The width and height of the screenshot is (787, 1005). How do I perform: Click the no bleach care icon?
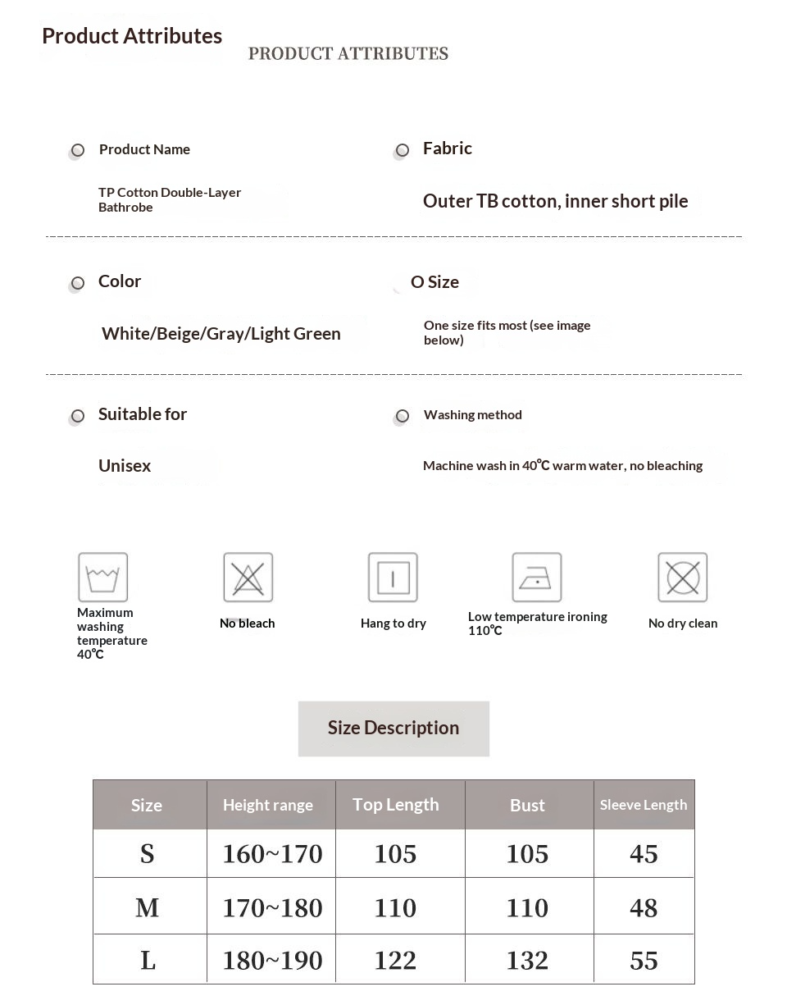pos(248,578)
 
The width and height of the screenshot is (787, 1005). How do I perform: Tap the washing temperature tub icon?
pos(102,578)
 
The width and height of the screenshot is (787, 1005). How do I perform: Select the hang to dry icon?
pos(393,578)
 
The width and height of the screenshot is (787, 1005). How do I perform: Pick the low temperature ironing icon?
pos(537,578)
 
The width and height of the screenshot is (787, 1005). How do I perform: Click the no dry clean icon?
pos(682,578)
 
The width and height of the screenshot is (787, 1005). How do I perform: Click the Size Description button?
pos(393,729)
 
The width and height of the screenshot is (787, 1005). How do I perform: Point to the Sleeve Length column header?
pos(644,805)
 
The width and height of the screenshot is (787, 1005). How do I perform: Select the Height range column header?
pos(268,806)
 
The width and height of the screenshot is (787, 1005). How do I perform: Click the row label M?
pos(148,907)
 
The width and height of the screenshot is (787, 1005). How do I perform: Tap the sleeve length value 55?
pos(644,961)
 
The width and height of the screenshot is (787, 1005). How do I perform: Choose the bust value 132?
pos(527,961)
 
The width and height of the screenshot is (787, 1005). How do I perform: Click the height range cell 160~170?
pos(272,854)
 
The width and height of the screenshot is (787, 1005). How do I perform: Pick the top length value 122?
pos(395,961)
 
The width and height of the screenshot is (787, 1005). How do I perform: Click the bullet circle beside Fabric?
pos(402,150)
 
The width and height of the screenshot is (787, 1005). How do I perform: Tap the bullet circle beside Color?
pos(78,283)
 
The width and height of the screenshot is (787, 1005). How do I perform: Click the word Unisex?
pos(125,466)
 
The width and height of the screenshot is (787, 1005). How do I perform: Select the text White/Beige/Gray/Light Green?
pos(221,334)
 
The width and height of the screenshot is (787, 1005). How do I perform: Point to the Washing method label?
pos(473,415)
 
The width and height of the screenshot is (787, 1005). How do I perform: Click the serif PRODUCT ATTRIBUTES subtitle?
pos(348,54)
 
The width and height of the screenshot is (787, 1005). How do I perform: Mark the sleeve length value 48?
pos(644,907)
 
